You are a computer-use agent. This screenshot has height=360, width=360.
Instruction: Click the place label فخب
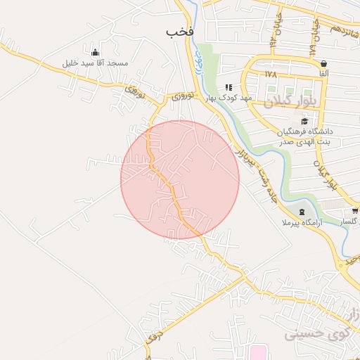click(179, 32)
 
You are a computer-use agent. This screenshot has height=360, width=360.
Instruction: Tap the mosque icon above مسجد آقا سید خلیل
click(96, 53)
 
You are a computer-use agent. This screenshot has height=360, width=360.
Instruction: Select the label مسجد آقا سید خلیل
click(96, 64)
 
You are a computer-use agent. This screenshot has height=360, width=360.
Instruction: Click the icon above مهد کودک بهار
click(229, 87)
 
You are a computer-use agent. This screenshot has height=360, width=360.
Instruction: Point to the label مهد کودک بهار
click(229, 98)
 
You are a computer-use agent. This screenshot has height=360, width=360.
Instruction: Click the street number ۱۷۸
click(271, 74)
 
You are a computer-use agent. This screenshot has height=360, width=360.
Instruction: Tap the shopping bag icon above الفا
click(323, 63)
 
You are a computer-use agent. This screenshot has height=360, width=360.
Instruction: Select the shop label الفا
click(323, 74)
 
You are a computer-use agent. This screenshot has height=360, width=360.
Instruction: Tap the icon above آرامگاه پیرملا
click(302, 212)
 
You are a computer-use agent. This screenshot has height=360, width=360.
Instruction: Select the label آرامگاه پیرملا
click(301, 222)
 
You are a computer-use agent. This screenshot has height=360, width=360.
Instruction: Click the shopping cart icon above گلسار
click(354, 210)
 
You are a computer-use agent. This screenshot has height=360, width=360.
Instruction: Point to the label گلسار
click(349, 221)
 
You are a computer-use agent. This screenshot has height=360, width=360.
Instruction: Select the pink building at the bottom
click(258, 351)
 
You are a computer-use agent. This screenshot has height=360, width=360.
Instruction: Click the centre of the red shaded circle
click(180, 179)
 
